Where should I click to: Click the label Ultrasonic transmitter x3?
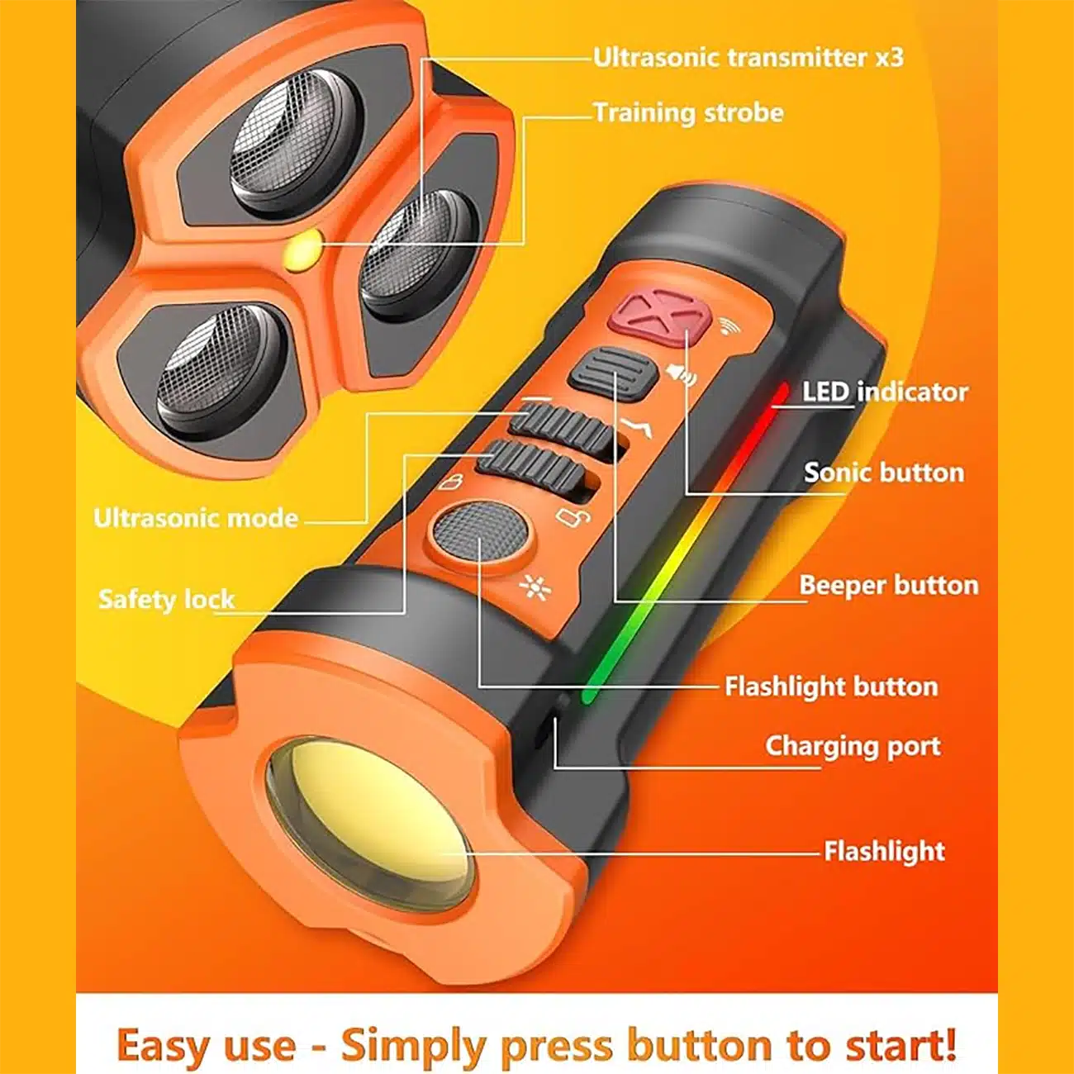[748, 58]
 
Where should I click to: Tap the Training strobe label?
[688, 113]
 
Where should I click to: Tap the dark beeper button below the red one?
[613, 373]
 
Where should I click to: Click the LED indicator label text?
[885, 392]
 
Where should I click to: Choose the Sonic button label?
[884, 473]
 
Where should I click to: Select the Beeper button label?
[889, 585]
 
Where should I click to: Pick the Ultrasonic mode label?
[196, 518]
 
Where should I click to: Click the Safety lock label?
[167, 600]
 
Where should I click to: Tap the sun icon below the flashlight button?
[535, 589]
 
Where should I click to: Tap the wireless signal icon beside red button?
[728, 326]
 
